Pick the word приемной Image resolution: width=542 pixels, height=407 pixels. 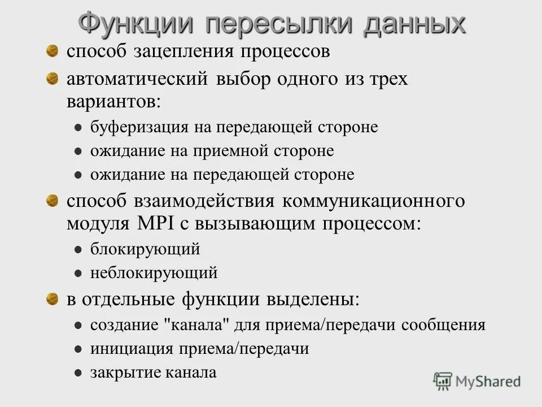click(231, 151)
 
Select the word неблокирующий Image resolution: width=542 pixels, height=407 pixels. click(154, 273)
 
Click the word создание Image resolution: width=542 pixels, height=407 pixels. click(124, 326)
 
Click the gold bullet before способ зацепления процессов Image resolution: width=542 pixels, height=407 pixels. click(53, 51)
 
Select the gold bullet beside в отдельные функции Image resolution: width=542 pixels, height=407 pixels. click(53, 298)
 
